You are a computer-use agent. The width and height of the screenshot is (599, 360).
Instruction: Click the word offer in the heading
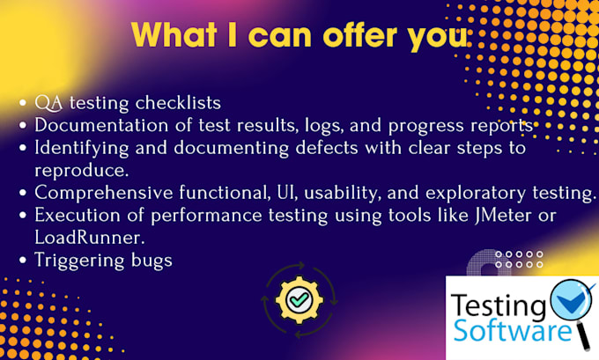(x=360, y=35)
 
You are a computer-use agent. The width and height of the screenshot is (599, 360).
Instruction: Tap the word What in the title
(x=174, y=35)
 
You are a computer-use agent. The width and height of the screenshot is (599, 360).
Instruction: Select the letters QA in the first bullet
(x=48, y=103)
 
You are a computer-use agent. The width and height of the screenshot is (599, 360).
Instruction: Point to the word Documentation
(x=101, y=125)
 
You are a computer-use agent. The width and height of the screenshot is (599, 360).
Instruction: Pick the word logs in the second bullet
(x=324, y=126)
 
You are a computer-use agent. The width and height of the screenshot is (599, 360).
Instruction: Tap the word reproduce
(x=82, y=171)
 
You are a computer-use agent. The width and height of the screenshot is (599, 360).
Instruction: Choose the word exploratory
(x=476, y=193)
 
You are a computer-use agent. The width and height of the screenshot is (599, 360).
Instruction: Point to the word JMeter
(x=503, y=215)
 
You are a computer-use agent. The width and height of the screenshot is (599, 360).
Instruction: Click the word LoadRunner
(x=90, y=238)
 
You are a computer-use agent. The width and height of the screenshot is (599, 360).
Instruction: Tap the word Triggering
(x=79, y=261)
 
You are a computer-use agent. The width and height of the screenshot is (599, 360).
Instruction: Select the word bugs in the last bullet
(x=152, y=261)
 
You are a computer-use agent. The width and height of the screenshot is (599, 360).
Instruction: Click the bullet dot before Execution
(x=23, y=216)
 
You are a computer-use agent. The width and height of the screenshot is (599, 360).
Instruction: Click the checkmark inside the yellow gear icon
(x=299, y=299)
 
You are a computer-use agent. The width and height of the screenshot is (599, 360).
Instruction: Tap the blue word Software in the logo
(x=513, y=330)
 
